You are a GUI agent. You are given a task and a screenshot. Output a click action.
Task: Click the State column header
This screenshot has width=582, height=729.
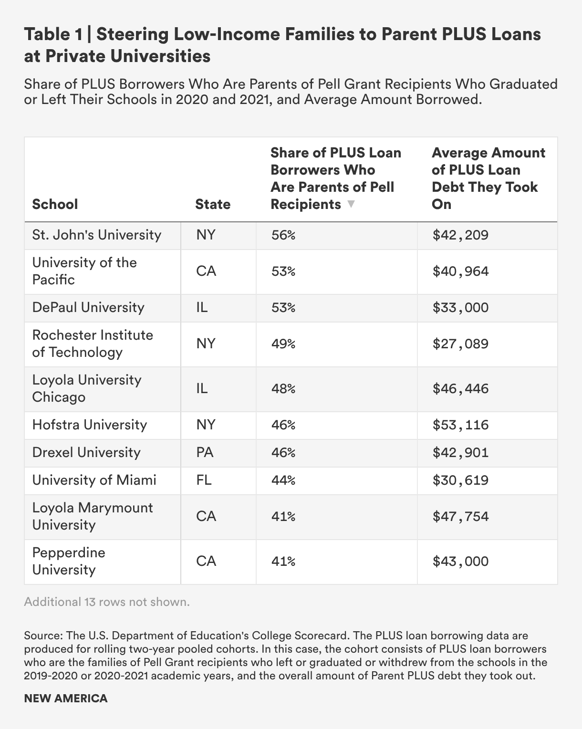[x=213, y=204]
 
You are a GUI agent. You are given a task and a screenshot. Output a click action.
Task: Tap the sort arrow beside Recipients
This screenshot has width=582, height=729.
[x=351, y=204]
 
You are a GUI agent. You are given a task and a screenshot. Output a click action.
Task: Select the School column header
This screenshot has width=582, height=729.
[x=55, y=204]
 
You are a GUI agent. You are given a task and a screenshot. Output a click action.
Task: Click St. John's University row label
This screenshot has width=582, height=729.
[x=97, y=235]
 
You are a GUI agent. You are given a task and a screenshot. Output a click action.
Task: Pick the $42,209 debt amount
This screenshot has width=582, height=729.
[x=460, y=235]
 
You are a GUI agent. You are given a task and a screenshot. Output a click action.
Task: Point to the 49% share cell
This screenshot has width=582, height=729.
[x=283, y=344]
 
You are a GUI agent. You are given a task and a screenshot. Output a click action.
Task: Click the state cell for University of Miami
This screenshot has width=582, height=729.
[x=204, y=480]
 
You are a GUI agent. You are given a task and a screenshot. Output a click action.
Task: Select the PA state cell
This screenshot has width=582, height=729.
[x=205, y=452]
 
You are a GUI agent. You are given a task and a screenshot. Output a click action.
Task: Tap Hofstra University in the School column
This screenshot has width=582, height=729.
[x=90, y=425]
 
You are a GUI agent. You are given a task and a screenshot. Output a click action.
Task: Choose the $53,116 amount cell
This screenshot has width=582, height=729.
[x=460, y=425]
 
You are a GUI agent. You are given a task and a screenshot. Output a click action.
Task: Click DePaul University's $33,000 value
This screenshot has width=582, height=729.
[x=460, y=307]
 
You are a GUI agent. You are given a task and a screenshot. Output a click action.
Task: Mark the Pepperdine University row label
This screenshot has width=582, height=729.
[x=69, y=561]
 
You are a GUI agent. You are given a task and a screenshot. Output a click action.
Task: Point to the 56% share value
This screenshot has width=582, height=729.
[x=283, y=235]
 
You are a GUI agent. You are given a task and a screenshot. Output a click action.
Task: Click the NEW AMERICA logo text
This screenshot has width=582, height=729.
[x=66, y=698]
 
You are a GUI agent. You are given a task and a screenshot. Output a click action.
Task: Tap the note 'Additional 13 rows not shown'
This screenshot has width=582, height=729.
[x=107, y=602]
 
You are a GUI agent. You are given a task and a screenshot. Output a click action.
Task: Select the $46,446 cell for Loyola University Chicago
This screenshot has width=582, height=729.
[x=460, y=388]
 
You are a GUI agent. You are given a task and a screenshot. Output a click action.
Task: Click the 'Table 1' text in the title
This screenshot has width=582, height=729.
[x=53, y=34]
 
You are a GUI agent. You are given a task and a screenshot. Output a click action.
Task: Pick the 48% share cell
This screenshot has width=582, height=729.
[x=283, y=388]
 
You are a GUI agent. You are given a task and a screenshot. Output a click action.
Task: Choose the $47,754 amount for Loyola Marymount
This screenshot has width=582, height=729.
[x=460, y=516]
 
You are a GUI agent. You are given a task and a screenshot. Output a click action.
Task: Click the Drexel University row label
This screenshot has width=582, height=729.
[x=86, y=452]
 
